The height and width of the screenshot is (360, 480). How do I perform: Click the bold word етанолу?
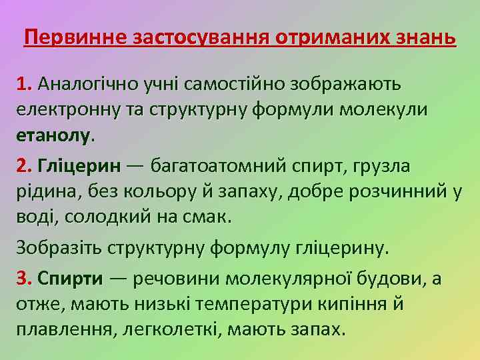53,135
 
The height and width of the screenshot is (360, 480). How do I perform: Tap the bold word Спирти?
71,278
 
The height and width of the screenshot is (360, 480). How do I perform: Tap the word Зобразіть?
59,249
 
